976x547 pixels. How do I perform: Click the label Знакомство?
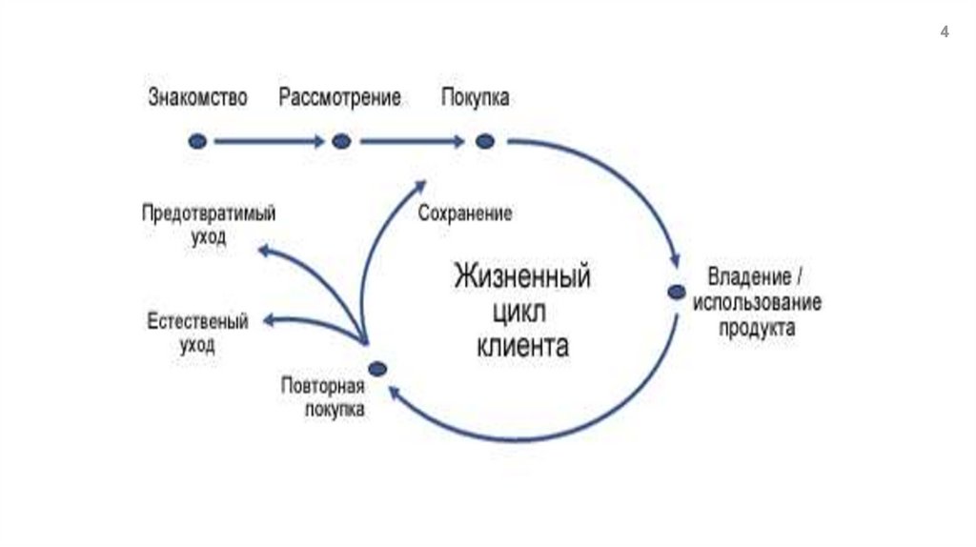coord(197,98)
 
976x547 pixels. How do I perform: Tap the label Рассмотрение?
coord(340,98)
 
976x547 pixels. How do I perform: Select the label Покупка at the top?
coord(475,98)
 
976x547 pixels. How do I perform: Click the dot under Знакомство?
coord(196,142)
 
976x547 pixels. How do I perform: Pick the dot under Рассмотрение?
coord(341,142)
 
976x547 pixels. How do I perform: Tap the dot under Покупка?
coord(484,142)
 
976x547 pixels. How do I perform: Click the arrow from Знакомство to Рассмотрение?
coord(268,142)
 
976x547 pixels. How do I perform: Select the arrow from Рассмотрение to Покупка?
coord(411,142)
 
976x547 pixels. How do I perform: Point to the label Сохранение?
coord(465,213)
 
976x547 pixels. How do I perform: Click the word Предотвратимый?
coord(208,213)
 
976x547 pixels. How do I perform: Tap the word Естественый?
coord(198,321)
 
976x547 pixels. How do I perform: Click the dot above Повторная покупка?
coord(376,367)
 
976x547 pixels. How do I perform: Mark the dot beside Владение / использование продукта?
coord(676,291)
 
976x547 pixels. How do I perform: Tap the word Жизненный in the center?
coord(521,278)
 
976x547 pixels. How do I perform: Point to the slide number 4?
coord(945,32)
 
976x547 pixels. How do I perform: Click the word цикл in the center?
coord(521,313)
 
